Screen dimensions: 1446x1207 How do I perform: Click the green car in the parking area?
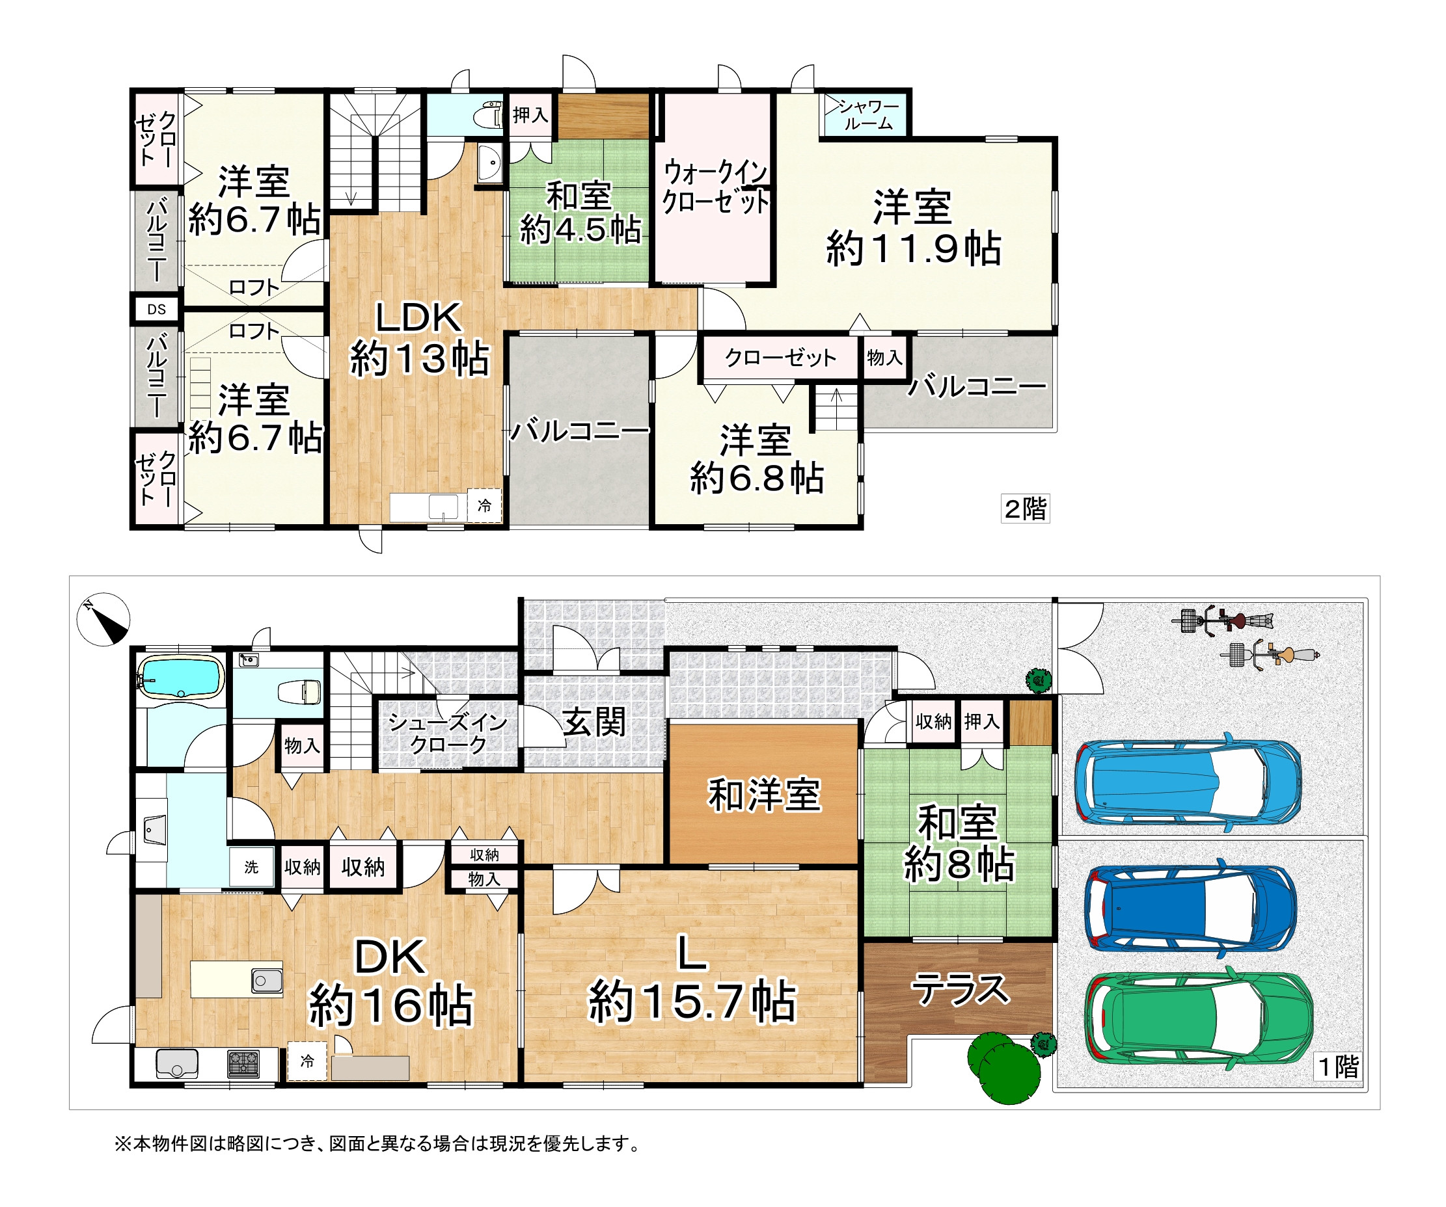pyautogui.click(x=1198, y=1018)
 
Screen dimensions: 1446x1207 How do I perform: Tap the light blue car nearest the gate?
pyautogui.click(x=1188, y=782)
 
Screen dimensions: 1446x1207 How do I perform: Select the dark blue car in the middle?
pyautogui.click(x=1190, y=907)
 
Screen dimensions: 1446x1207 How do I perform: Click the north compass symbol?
pyautogui.click(x=103, y=618)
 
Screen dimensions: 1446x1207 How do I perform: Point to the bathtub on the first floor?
pyautogui.click(x=181, y=677)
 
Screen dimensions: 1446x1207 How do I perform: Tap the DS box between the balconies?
pyautogui.click(x=157, y=310)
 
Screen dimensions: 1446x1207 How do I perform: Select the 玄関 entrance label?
pyautogui.click(x=594, y=722)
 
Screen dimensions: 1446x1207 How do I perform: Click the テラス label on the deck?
pyautogui.click(x=960, y=989)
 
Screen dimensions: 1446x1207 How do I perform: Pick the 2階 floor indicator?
pyautogui.click(x=1026, y=509)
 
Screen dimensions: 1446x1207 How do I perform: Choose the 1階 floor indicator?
pyautogui.click(x=1339, y=1067)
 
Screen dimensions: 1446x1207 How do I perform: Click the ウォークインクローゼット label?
pyautogui.click(x=715, y=187)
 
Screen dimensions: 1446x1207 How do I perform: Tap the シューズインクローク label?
pyautogui.click(x=448, y=733)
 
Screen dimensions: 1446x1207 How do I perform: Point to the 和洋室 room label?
pyautogui.click(x=764, y=795)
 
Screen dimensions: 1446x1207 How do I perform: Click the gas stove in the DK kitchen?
pyautogui.click(x=244, y=1064)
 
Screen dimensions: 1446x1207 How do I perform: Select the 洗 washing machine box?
pyautogui.click(x=251, y=867)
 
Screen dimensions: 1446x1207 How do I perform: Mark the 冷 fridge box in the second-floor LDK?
pyautogui.click(x=485, y=506)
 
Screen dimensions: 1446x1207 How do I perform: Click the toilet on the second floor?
pyautogui.click(x=488, y=116)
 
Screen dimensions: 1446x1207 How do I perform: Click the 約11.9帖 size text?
pyautogui.click(x=914, y=249)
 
